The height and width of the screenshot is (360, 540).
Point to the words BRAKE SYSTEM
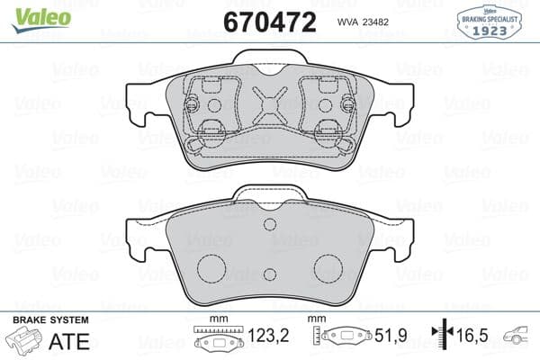(x=50, y=321)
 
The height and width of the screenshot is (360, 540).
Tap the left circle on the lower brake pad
(x=211, y=267)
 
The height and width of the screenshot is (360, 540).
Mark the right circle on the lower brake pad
(x=328, y=267)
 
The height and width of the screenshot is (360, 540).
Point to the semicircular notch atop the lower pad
(x=269, y=225)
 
